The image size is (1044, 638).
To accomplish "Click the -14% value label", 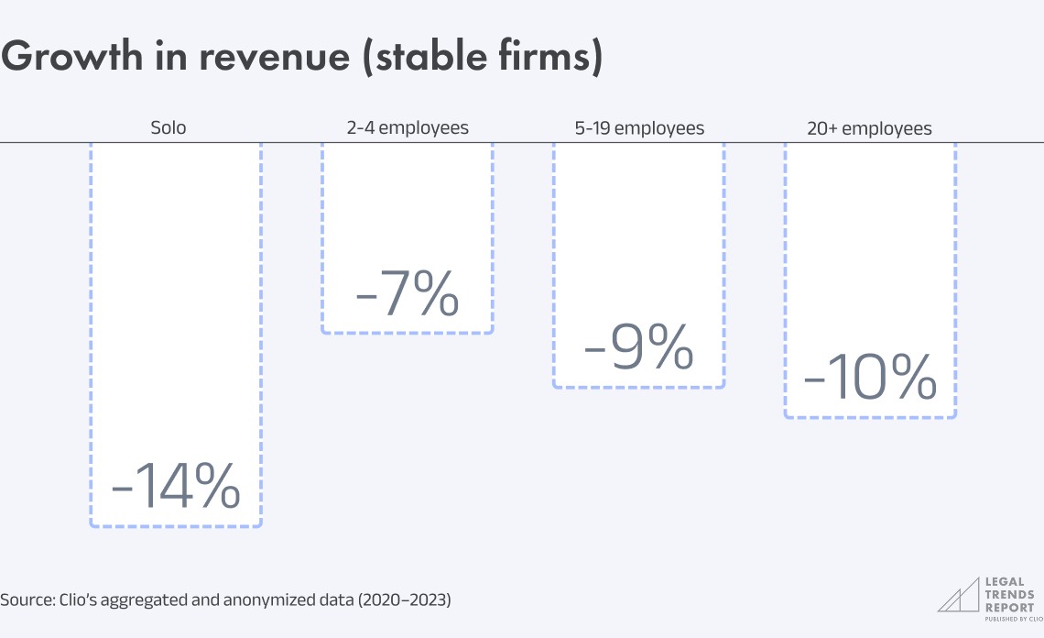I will tap(176, 487).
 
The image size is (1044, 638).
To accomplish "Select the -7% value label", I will tap(407, 294).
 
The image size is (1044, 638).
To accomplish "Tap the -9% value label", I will tap(638, 349).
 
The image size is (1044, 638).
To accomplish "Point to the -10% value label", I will tap(870, 379).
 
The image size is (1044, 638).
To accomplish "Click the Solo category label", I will tap(169, 128).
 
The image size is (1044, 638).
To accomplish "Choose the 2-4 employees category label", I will tap(408, 128).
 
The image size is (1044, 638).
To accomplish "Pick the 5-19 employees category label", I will tap(639, 128).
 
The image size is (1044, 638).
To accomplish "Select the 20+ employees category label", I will tap(869, 128).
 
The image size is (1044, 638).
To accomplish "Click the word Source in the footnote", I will tap(25, 601).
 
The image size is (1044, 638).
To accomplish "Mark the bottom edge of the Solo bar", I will tap(176, 526).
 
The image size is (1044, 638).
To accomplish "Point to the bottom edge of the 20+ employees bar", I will tap(870, 418).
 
